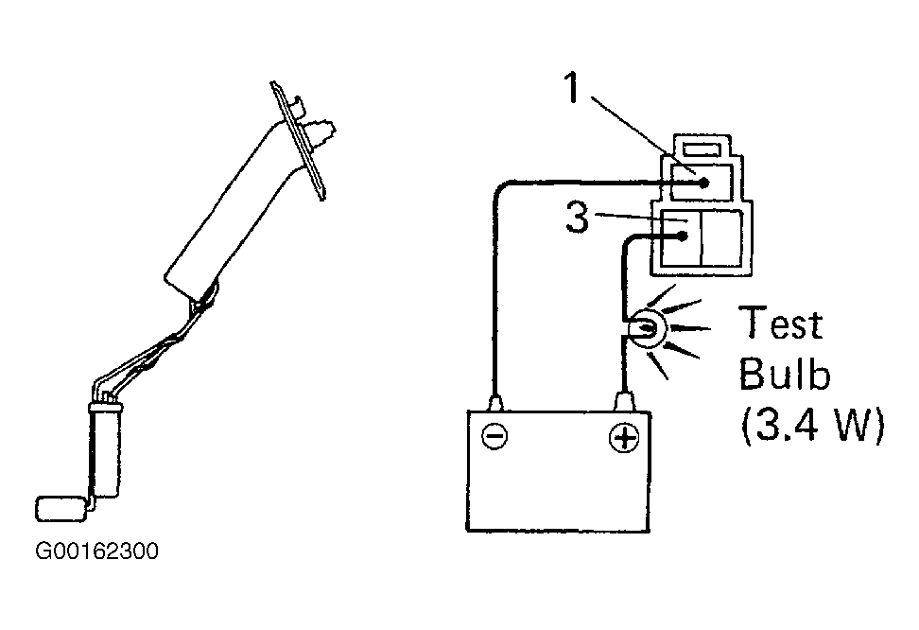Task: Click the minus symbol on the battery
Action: coord(494,436)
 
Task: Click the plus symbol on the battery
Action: coord(624,438)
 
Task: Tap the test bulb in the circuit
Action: coord(644,330)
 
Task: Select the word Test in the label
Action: coord(781,323)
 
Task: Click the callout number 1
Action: coord(571,88)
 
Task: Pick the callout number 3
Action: coord(578,217)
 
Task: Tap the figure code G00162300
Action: coord(96,551)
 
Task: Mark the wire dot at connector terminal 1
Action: coord(704,183)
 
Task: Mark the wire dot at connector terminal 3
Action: coord(683,236)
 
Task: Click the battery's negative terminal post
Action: coord(495,402)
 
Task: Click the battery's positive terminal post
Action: coord(625,401)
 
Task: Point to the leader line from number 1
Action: coord(642,135)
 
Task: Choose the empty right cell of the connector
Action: coord(722,237)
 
